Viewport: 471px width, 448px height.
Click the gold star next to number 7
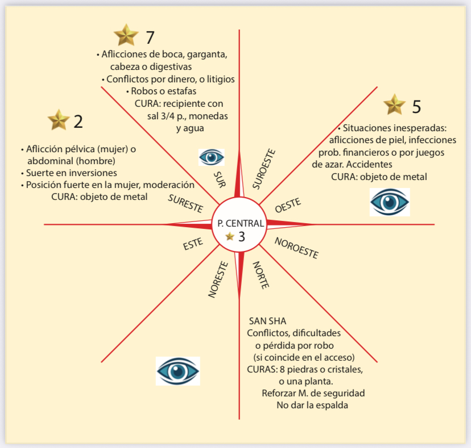point(126,35)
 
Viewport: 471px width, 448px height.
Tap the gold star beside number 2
point(58,120)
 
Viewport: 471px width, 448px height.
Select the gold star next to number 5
point(394,104)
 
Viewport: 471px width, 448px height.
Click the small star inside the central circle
point(230,237)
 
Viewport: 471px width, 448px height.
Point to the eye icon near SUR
point(211,157)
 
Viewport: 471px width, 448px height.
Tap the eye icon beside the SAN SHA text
point(178,371)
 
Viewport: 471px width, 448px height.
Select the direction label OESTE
point(288,206)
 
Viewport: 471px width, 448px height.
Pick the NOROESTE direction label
point(296,248)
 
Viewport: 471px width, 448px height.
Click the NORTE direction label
point(260,275)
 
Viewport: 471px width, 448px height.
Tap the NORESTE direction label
point(218,279)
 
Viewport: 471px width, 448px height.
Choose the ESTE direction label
point(193,246)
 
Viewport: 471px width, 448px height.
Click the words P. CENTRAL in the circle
point(241,223)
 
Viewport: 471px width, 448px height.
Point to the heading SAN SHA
point(267,321)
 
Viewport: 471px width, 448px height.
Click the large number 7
point(150,37)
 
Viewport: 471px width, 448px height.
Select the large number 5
point(416,107)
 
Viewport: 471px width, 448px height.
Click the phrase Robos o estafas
point(164,91)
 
